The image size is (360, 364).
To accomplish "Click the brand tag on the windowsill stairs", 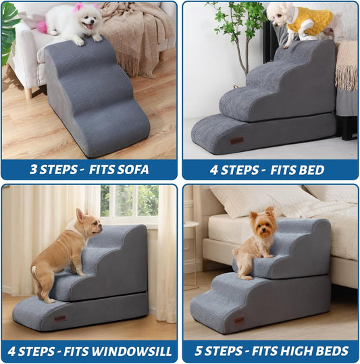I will click(60, 317).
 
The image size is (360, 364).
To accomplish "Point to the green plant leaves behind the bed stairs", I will click(233, 20).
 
